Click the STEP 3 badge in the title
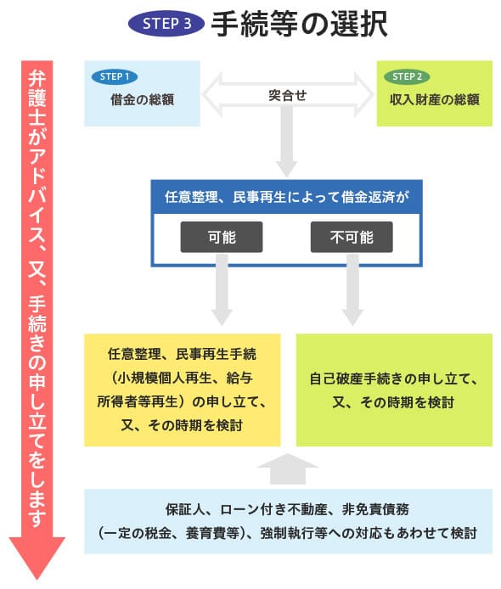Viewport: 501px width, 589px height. point(166,23)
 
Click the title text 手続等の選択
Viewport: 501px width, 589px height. point(299,23)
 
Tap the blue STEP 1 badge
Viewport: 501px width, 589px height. point(115,76)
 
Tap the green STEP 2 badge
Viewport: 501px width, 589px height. point(407,76)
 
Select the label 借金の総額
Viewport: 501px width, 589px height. point(142,99)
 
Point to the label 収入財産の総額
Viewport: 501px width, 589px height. point(435,99)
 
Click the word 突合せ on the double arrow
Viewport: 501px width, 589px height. point(288,95)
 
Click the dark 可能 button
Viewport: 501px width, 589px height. point(222,237)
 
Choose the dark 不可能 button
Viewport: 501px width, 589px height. point(352,237)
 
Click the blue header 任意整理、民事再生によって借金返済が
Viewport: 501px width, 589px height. point(286,197)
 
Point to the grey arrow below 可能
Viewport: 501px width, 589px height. point(222,289)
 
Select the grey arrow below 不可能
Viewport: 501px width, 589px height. point(352,289)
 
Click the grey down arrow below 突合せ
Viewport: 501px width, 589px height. point(287,142)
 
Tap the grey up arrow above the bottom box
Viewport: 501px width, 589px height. point(288,468)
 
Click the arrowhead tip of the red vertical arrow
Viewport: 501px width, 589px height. point(37,579)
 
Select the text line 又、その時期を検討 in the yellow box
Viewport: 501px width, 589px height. point(182,425)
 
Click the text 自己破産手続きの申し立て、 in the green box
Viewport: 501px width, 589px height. point(393,379)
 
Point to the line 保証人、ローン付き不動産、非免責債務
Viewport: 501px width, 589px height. point(288,509)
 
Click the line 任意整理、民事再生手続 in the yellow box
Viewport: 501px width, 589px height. point(182,354)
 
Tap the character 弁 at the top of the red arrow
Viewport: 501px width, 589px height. point(37,79)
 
